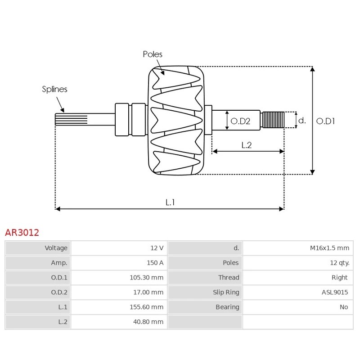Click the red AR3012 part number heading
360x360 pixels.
pos(22,233)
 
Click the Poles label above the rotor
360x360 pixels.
pos(153,54)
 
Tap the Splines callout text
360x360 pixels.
pos(54,89)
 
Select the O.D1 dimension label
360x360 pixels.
pos(326,121)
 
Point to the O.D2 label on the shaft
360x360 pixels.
pos(240,121)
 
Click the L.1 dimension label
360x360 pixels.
pos(170,202)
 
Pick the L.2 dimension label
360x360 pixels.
pos(246,145)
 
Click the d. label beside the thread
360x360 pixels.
pos(302,120)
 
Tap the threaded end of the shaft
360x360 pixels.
pos(273,120)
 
